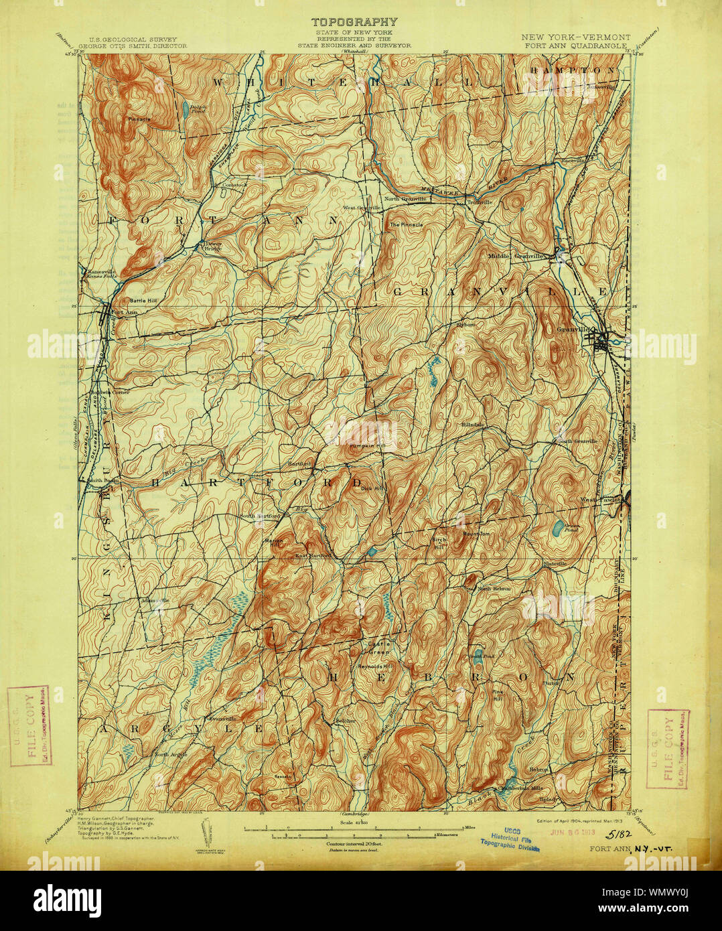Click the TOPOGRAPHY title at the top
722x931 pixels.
click(354, 23)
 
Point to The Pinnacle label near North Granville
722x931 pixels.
click(407, 224)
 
